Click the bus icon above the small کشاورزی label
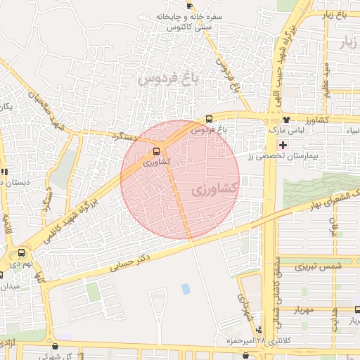[x=157, y=150]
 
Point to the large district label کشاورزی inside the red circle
[x=214, y=189]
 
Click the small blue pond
[x=186, y=288]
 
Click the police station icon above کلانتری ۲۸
[x=259, y=329]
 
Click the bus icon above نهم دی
[x=22, y=252]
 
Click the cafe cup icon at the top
[x=189, y=6]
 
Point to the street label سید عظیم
[x=326, y=80]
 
